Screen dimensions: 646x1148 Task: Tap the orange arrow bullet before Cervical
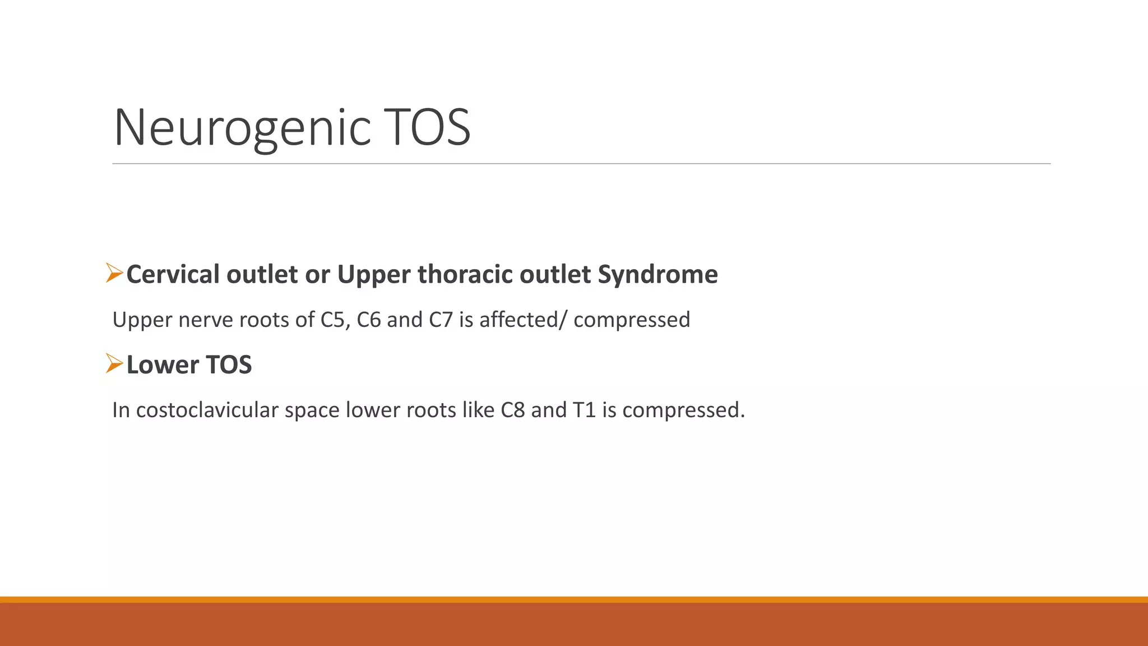click(x=114, y=273)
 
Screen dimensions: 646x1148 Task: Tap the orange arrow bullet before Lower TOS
click(x=114, y=363)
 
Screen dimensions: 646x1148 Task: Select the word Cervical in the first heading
click(x=173, y=275)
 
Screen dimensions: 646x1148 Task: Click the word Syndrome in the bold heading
click(x=658, y=275)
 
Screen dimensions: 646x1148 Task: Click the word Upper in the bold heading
click(x=374, y=275)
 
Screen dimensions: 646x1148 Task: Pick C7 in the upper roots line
click(x=441, y=320)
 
